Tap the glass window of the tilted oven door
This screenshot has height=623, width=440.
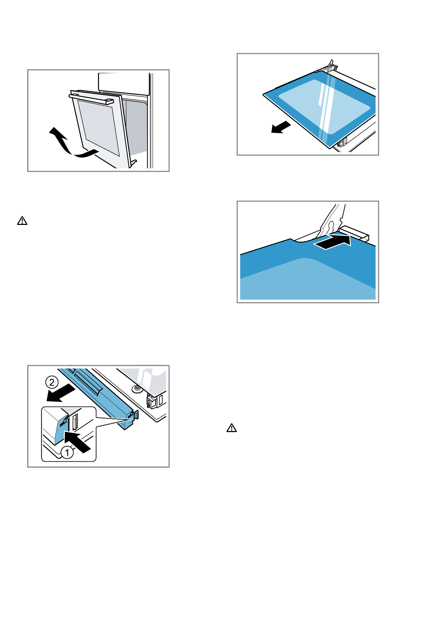(x=98, y=126)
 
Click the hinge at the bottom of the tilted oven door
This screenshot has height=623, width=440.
(x=134, y=163)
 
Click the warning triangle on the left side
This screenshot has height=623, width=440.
(x=22, y=221)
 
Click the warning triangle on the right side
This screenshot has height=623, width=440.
(x=232, y=428)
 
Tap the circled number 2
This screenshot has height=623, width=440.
(x=52, y=382)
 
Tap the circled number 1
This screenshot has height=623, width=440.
(x=67, y=452)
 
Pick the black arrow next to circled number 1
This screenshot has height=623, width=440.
(x=78, y=441)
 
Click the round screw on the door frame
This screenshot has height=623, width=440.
(x=137, y=388)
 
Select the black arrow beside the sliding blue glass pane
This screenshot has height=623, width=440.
(x=281, y=128)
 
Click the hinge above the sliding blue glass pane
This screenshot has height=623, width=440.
(x=330, y=67)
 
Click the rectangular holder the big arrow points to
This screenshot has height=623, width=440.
(x=355, y=233)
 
